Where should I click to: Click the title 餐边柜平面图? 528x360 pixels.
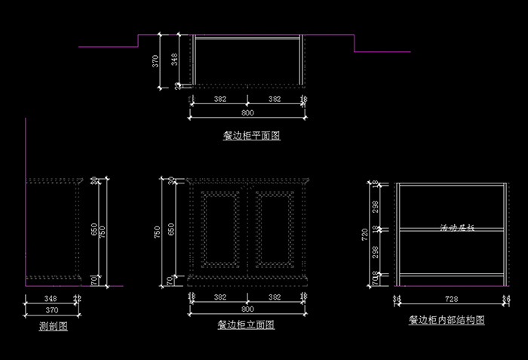251,137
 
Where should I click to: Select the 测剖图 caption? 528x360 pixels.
54,327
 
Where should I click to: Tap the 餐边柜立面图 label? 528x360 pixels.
245,325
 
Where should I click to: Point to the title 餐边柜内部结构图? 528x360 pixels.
447,320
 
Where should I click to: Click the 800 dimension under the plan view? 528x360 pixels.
247,112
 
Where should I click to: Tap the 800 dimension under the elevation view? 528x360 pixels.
247,309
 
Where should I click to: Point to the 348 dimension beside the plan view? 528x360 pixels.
174,60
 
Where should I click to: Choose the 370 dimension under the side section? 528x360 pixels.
52,310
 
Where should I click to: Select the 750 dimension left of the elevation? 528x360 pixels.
158,232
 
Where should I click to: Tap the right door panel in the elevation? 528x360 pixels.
274,226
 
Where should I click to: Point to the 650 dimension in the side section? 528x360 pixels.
94,229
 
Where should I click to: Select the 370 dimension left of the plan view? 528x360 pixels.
156,61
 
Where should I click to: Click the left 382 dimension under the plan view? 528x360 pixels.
219,99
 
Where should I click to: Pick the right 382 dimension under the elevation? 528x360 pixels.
275,298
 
